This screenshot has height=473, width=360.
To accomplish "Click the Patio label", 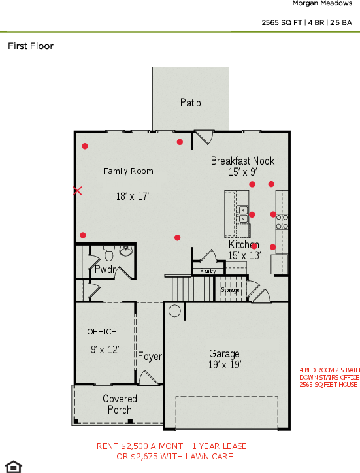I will click(x=191, y=103).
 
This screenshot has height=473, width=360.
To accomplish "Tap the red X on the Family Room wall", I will click(x=78, y=191).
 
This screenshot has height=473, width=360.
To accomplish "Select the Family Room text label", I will click(x=128, y=171).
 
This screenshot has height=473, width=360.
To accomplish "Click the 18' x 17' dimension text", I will click(x=133, y=196).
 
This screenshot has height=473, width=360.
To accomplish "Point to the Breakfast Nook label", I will click(x=242, y=161).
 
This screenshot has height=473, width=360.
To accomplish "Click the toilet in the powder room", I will click(x=109, y=252).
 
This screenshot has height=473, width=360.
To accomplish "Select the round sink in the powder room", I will click(x=126, y=250).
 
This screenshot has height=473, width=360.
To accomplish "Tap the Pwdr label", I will click(x=105, y=269).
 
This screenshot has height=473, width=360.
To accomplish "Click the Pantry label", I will click(x=208, y=270).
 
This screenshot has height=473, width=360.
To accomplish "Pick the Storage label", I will click(x=231, y=289).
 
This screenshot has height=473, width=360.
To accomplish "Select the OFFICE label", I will click(x=101, y=332).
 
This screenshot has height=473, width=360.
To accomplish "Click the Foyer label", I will click(x=150, y=356).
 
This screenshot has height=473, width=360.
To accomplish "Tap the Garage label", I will click(x=224, y=354).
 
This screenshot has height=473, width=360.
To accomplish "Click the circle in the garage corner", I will click(x=174, y=311).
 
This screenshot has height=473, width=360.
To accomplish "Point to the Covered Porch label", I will click(x=120, y=404).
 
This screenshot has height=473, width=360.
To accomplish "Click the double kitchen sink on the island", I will click(x=243, y=214).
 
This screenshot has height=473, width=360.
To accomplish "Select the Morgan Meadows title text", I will click(x=321, y=4).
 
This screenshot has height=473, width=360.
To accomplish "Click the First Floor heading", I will click(x=31, y=46).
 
